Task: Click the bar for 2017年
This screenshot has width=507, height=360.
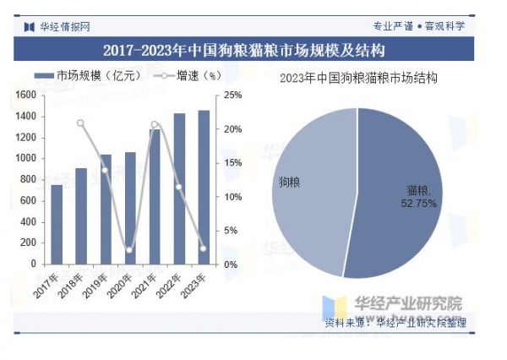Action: tap(57, 224)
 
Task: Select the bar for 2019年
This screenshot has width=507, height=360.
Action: tap(106, 209)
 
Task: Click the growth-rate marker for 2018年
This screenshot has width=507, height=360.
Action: tap(81, 123)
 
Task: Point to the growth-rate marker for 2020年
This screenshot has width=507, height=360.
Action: tap(130, 250)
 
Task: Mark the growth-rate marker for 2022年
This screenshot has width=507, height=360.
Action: tap(179, 187)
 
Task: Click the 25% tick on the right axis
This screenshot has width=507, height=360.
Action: tap(233, 95)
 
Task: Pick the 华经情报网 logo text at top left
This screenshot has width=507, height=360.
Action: tap(64, 26)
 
